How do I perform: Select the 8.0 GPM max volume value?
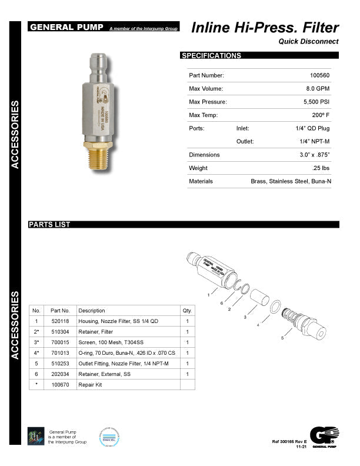pos(318,88)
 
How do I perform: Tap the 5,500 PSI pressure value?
pos(317,102)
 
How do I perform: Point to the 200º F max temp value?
pos(321,115)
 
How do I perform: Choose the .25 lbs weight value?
pos(321,168)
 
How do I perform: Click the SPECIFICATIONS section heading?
pos(211,56)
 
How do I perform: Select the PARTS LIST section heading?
pos(50,225)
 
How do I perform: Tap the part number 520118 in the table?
pos(60,321)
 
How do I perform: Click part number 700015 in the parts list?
pos(60,342)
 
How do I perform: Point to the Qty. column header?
pos(187,311)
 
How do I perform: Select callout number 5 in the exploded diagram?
pos(282,338)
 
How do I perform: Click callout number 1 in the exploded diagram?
pos(208,292)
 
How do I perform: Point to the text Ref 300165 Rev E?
pos(289,441)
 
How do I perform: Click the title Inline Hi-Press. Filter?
pos(265,28)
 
